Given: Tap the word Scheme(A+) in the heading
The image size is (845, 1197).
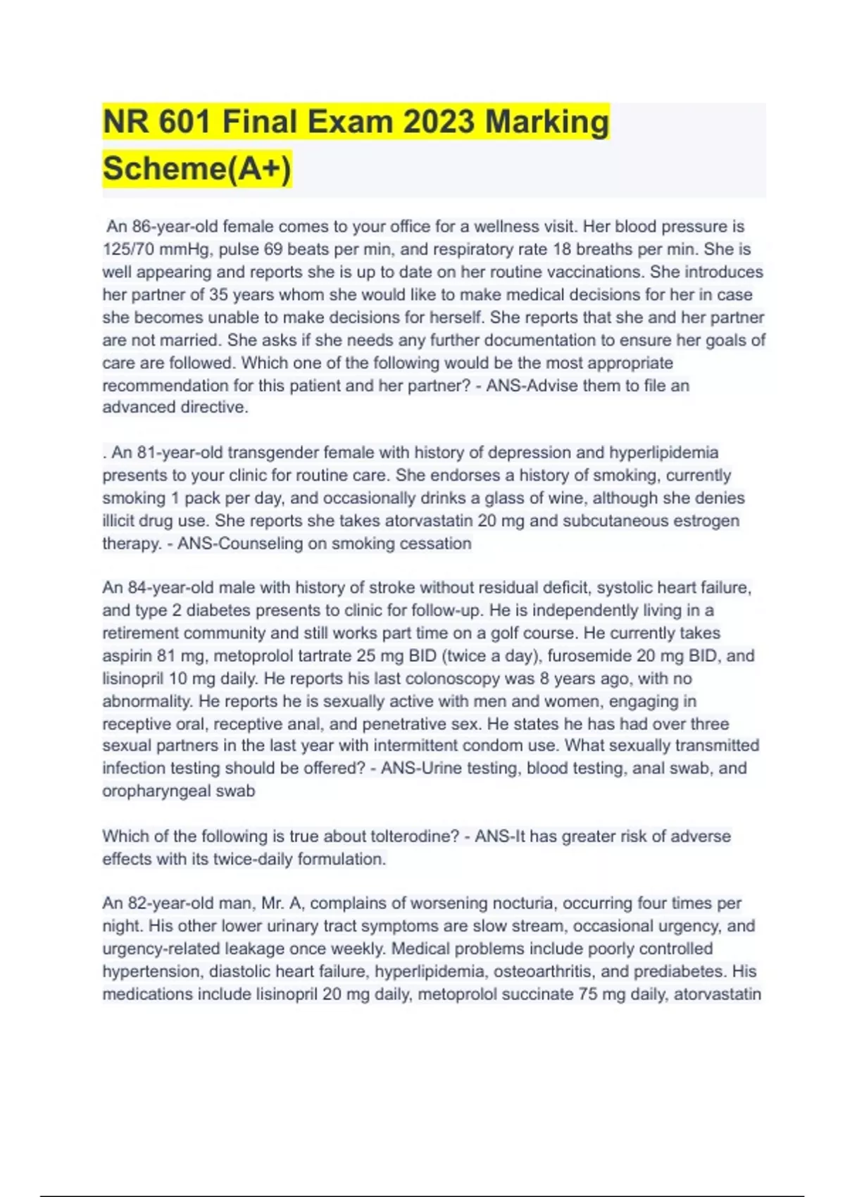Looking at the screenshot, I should [x=196, y=169].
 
